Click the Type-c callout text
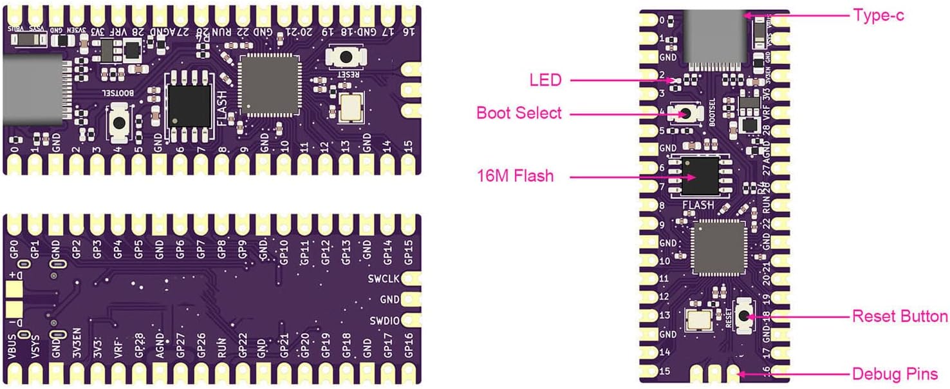[x=878, y=15]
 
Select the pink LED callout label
[x=545, y=81]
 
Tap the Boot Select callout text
[x=519, y=113]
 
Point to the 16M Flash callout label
[x=515, y=175]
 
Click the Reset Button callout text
[x=899, y=316]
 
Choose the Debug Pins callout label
[x=895, y=374]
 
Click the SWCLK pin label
[x=384, y=278]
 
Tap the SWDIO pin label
[x=384, y=321]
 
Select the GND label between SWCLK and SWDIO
[x=389, y=299]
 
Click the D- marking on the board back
[x=15, y=320]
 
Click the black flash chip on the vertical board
[x=700, y=176]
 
